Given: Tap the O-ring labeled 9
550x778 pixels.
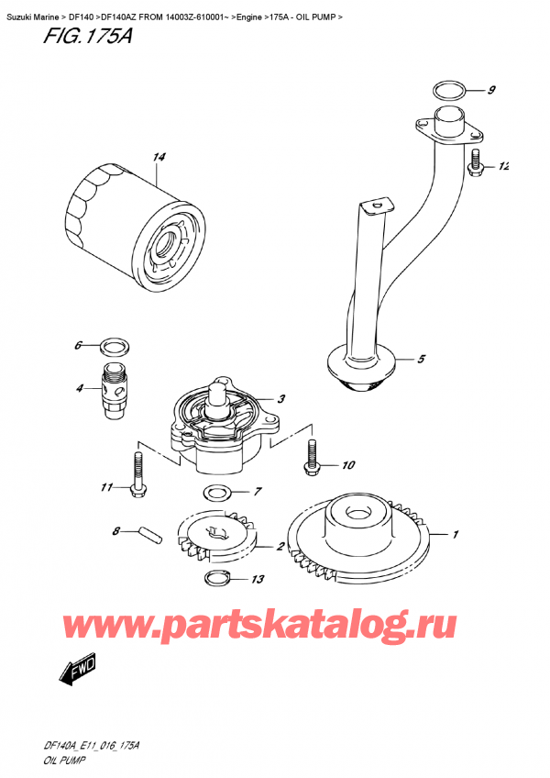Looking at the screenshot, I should (449, 91).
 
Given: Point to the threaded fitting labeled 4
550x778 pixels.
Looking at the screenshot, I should (116, 388).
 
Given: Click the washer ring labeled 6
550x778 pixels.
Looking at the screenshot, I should (113, 347).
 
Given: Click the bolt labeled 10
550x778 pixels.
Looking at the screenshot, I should (313, 458).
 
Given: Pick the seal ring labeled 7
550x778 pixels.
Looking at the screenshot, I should (216, 493).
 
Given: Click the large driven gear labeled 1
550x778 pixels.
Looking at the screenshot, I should (358, 536).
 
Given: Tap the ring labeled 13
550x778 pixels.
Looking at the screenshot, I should (216, 578).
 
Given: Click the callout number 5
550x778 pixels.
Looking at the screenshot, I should (421, 360).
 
